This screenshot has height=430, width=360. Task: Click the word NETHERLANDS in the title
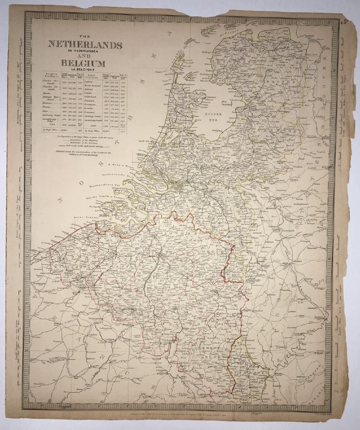pyautogui.click(x=85, y=44)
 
